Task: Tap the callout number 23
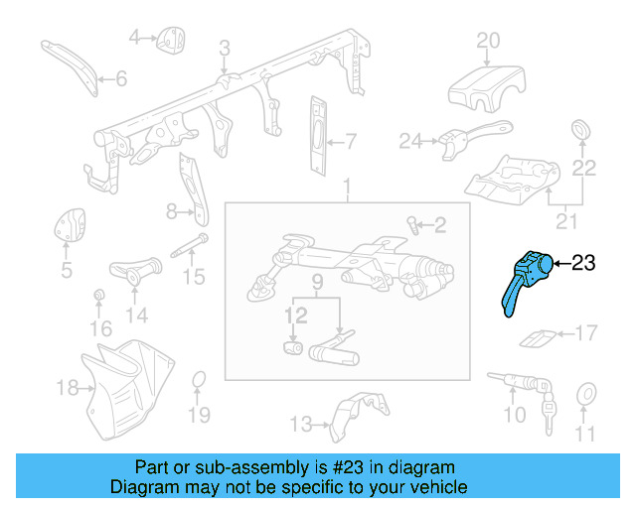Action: pos(583,263)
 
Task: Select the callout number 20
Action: pos(487,41)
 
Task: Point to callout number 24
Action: pos(410,142)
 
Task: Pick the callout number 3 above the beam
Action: pos(225,49)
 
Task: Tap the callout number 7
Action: pos(351,139)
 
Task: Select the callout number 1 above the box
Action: pos(348,188)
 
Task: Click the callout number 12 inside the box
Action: pos(295,316)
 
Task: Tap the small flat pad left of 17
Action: pos(537,339)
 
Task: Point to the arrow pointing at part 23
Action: pos(559,264)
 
